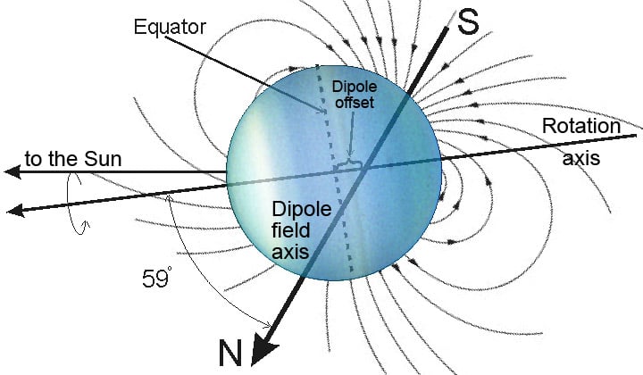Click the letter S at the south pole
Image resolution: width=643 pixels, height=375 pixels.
468,22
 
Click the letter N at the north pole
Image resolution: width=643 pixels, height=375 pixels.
230,353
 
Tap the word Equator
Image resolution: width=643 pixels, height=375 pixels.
170,27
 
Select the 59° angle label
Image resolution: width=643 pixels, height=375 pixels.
157,278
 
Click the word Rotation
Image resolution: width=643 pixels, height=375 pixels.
581,126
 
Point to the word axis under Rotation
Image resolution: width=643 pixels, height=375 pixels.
581,158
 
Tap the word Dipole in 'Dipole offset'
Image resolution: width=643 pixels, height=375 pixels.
355,87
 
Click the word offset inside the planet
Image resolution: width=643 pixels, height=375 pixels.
355,102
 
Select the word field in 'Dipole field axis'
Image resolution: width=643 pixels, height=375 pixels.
291,230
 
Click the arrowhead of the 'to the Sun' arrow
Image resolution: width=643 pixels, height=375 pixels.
13,171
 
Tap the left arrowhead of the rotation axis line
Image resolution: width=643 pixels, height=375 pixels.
15,211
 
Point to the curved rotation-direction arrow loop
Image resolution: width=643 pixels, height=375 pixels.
77,203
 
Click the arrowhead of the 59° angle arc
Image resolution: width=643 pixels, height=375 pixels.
268,325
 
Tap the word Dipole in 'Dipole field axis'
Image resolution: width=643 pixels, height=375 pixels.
302,210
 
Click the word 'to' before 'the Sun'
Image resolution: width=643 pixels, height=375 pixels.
34,159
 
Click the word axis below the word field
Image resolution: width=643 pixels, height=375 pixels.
290,251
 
